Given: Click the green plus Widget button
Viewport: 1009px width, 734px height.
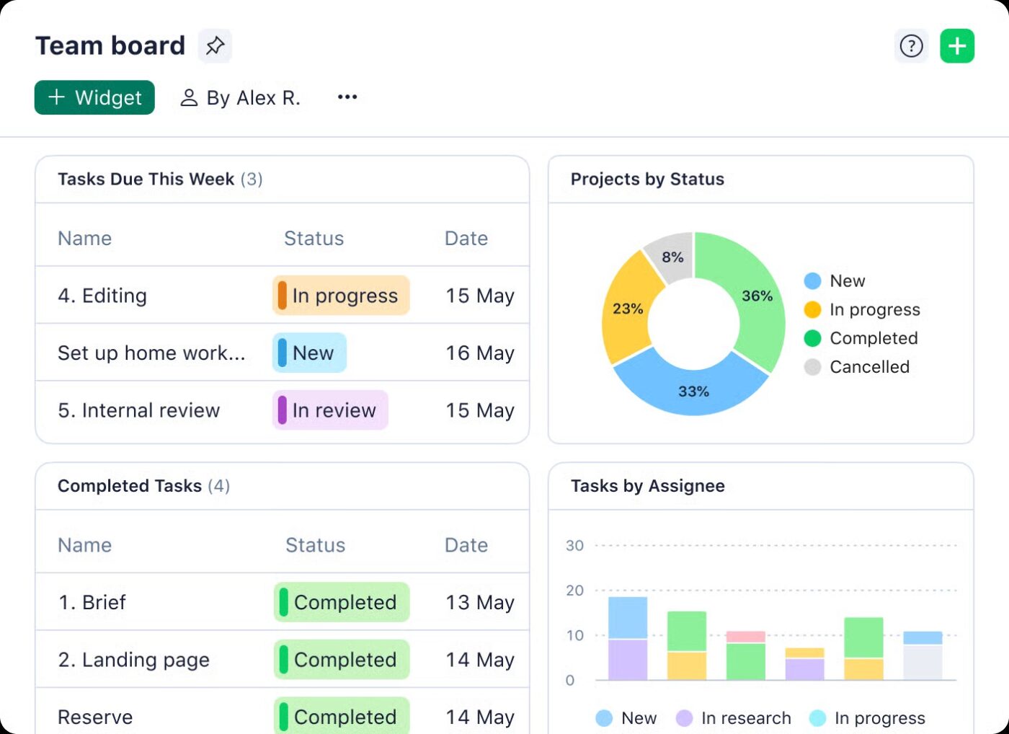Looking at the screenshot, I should tap(94, 97).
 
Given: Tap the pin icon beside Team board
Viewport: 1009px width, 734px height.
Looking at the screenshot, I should tap(215, 45).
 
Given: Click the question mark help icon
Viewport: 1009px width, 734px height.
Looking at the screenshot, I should tap(911, 46).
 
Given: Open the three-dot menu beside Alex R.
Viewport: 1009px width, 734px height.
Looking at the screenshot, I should tap(347, 97).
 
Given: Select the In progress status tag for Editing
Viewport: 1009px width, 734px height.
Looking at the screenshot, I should tap(341, 296).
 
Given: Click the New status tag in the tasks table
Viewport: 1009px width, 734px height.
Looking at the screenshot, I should tap(309, 353).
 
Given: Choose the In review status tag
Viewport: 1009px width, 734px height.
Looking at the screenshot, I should tap(330, 410).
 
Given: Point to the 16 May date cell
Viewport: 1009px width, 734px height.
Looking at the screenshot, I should tap(479, 353).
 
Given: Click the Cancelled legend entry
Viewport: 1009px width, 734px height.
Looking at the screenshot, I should tap(868, 367).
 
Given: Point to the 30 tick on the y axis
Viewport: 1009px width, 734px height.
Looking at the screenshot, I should tap(574, 546).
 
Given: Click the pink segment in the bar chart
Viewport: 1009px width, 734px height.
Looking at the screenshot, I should tap(745, 637).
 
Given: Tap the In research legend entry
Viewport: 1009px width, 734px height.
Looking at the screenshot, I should tap(745, 718).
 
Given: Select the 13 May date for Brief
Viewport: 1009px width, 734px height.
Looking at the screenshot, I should tap(479, 603).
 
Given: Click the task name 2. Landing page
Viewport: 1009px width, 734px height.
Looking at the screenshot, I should tap(134, 660).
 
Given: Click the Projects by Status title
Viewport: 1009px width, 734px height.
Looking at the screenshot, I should tap(647, 179).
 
